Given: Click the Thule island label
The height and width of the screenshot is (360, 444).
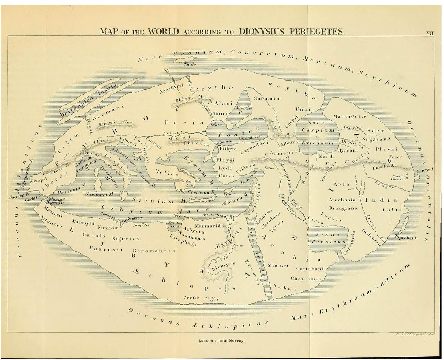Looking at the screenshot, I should (x=190, y=64).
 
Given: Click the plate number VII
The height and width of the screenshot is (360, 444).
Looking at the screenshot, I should (x=430, y=33).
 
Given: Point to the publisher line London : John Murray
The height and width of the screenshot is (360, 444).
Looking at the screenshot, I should (x=221, y=340).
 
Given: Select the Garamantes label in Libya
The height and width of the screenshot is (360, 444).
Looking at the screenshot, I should (x=154, y=251).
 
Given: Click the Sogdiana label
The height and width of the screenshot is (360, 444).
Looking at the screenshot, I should (x=376, y=139).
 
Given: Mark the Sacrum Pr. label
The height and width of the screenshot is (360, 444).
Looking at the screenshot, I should (x=19, y=197).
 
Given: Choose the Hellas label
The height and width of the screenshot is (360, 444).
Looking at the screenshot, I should (x=166, y=172).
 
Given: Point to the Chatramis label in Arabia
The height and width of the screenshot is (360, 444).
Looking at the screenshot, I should (x=305, y=279).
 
